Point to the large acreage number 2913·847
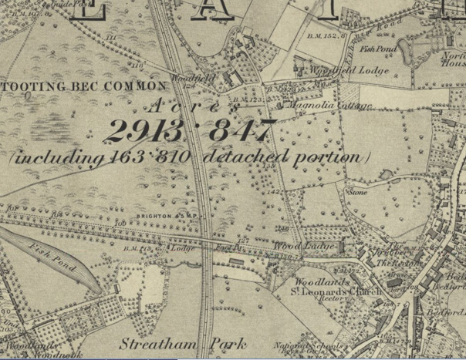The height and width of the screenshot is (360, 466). pos(190,131)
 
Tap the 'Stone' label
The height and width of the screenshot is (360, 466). pos(357,192)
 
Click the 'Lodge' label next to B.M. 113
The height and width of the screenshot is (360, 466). pos(182,249)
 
